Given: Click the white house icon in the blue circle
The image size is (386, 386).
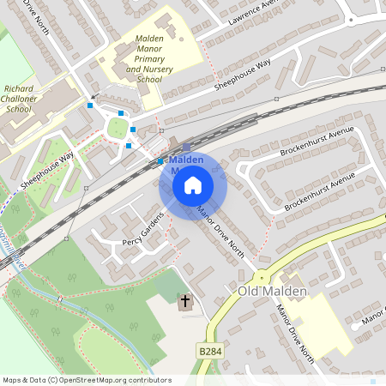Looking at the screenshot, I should pyautogui.click(x=193, y=185).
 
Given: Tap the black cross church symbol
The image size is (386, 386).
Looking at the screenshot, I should pyautogui.click(x=184, y=302).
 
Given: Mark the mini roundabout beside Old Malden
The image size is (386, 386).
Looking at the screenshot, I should pyautogui.click(x=260, y=278).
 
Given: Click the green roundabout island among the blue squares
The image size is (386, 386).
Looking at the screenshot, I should pyautogui.click(x=117, y=128).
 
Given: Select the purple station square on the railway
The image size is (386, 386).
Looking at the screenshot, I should pyautogui.click(x=186, y=148).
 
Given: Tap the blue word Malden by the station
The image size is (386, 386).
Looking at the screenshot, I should pyautogui.click(x=186, y=160).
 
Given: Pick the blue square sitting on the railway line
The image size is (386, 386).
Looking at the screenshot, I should pyautogui.click(x=160, y=161).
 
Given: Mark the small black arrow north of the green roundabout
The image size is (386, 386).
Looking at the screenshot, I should pyautogui.click(x=94, y=94).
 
